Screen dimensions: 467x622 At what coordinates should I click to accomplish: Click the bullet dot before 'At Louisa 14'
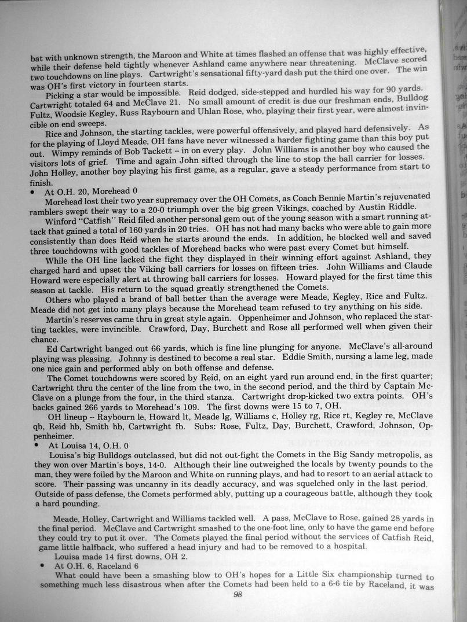[x=36, y=446]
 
